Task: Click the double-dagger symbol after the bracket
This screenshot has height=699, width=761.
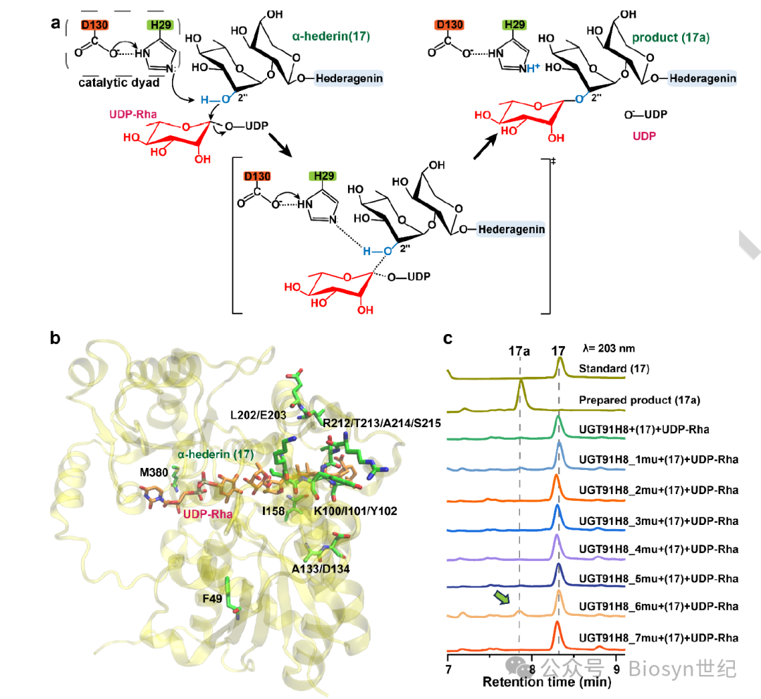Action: point(553,161)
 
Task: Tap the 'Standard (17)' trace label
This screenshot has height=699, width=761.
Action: point(613,369)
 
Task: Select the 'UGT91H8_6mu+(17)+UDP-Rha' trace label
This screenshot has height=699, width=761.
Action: point(658,606)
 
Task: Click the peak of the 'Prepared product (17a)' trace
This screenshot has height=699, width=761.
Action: point(521,381)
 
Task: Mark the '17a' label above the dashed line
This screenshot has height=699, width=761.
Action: point(519,350)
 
